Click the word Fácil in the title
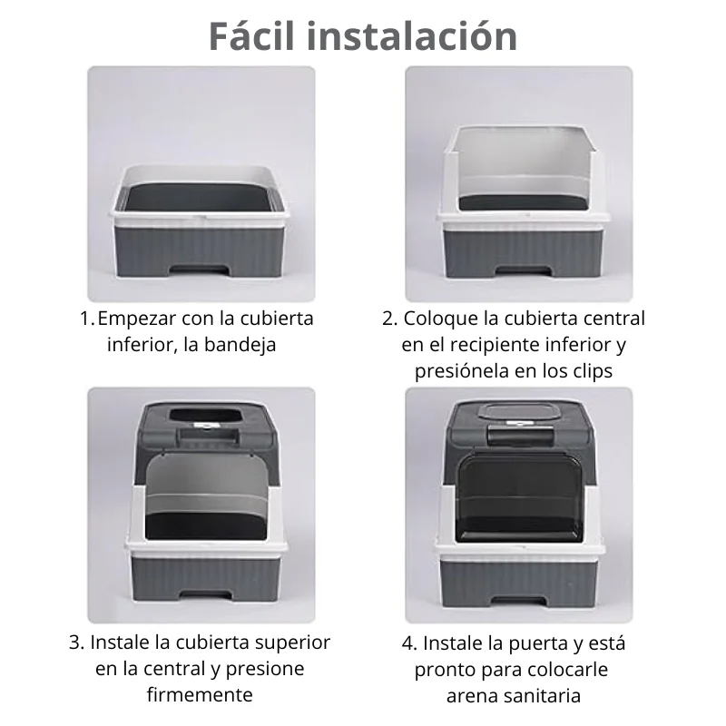[251, 35]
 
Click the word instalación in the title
[412, 36]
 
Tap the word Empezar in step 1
[137, 319]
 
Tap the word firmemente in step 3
[200, 694]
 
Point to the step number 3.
[76, 643]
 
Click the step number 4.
[409, 643]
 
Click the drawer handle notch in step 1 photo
[199, 270]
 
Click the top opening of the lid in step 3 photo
[205, 416]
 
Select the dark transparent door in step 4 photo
[518, 496]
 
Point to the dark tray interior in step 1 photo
[199, 198]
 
